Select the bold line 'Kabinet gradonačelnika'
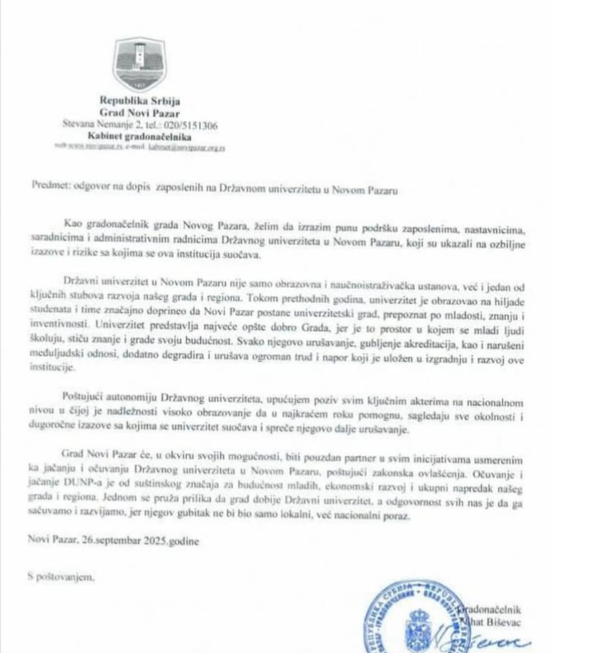[x=138, y=134]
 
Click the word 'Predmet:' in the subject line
[x=53, y=185]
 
